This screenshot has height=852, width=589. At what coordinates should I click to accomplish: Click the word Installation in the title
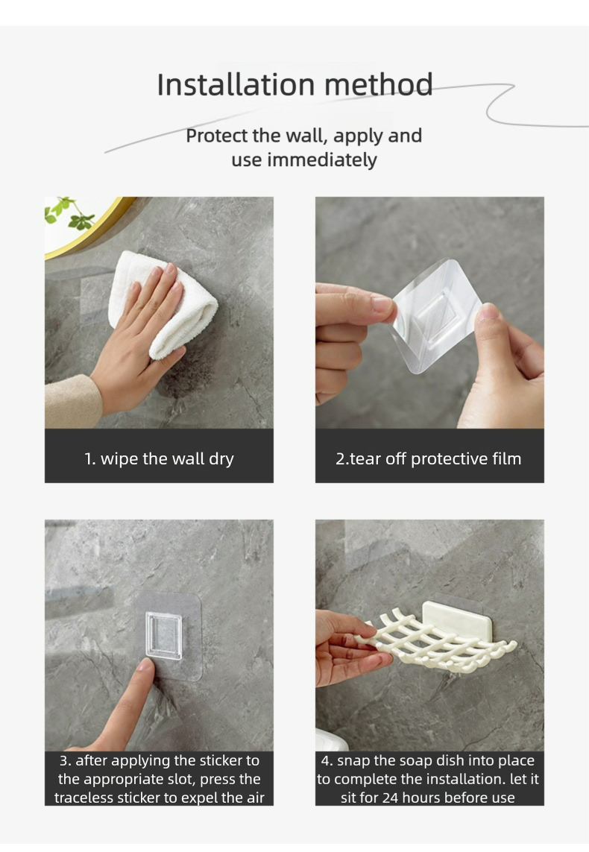pos(236,85)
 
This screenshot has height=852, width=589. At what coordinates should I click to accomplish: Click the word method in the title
pos(378,85)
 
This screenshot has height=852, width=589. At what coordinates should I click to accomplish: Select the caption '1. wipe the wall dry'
pos(159,458)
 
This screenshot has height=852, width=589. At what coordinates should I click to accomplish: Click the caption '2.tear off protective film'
pos(428,458)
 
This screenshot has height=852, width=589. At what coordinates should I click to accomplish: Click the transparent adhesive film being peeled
pos(435,315)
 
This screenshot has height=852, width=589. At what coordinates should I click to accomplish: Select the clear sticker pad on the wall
pos(168,635)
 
